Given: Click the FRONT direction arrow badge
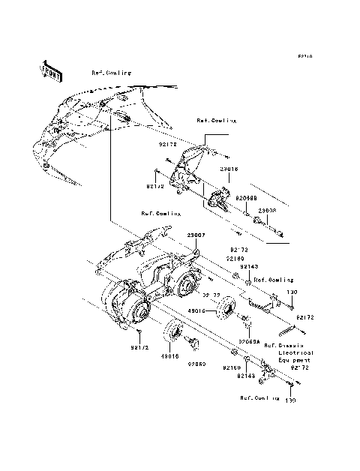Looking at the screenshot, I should pyautogui.click(x=49, y=70).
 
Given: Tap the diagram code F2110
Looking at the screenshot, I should pyautogui.click(x=304, y=56).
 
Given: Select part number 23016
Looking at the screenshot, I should pyautogui.click(x=208, y=170).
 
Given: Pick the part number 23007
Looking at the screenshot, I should pyautogui.click(x=196, y=234).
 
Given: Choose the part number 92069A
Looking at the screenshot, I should pyautogui.click(x=249, y=340).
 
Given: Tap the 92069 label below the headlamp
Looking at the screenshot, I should pyautogui.click(x=196, y=363).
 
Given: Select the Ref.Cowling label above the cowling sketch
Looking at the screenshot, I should pyautogui.click(x=111, y=73).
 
